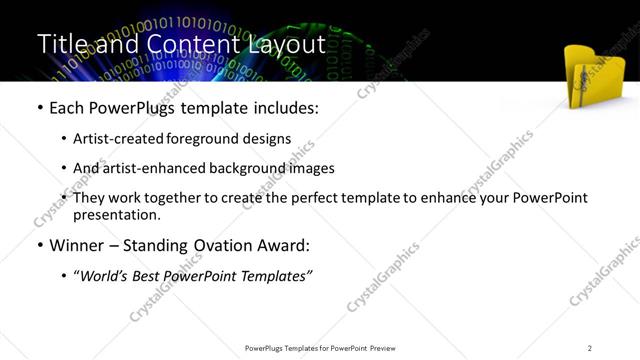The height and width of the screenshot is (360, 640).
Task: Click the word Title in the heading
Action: coord(61,44)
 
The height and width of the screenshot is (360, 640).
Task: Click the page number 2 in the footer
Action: coord(590,347)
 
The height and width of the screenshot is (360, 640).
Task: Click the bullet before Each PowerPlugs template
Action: coord(39,108)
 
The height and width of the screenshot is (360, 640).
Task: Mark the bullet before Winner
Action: coord(39,245)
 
